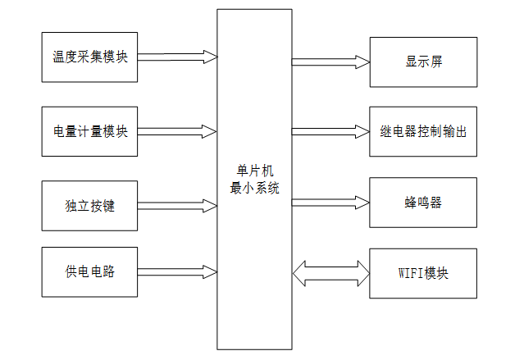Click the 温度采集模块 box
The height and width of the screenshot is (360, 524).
point(90,57)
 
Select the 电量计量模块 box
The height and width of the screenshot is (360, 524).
point(90,131)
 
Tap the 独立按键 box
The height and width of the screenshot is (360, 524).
point(90,205)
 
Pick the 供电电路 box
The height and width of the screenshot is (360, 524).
point(90,271)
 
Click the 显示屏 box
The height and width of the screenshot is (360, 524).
point(423,62)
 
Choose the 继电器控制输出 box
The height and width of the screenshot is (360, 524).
point(423,131)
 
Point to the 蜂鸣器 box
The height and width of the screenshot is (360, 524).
point(423,202)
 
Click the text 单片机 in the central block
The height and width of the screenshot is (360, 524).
point(254,171)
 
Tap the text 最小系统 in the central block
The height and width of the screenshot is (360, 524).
point(254,188)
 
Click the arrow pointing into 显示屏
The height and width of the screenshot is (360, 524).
point(330,61)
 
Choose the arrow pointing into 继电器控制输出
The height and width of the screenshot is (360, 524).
point(330,131)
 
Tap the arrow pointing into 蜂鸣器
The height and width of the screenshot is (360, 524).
point(330,201)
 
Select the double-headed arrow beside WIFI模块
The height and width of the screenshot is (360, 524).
point(330,272)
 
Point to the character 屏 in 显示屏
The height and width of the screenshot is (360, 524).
point(438,62)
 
